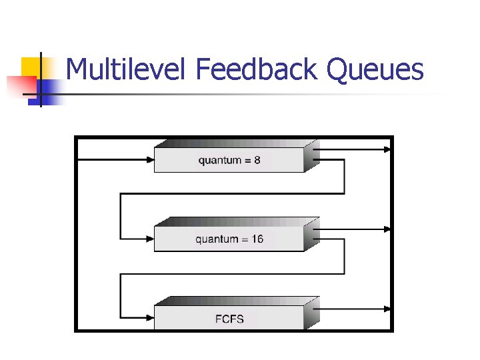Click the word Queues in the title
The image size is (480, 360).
(375, 70)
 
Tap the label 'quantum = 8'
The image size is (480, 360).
(229, 160)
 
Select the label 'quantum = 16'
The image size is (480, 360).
(229, 239)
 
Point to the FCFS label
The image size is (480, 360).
(229, 319)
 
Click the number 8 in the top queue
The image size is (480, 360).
(257, 160)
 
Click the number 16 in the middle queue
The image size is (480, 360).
(257, 239)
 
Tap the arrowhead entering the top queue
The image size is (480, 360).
(149, 159)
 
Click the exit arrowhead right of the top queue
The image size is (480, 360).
(388, 149)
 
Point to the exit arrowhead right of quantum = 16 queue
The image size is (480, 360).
(388, 229)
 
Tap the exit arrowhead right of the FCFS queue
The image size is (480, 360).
(388, 308)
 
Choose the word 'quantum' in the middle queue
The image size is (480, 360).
(215, 240)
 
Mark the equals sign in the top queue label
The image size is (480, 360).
(247, 160)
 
